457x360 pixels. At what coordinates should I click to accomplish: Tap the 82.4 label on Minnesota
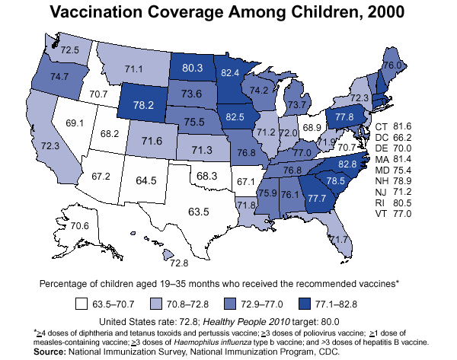[229, 72]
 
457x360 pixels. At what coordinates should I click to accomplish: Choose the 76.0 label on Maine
[392, 65]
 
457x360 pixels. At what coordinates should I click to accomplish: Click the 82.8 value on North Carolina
[347, 164]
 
